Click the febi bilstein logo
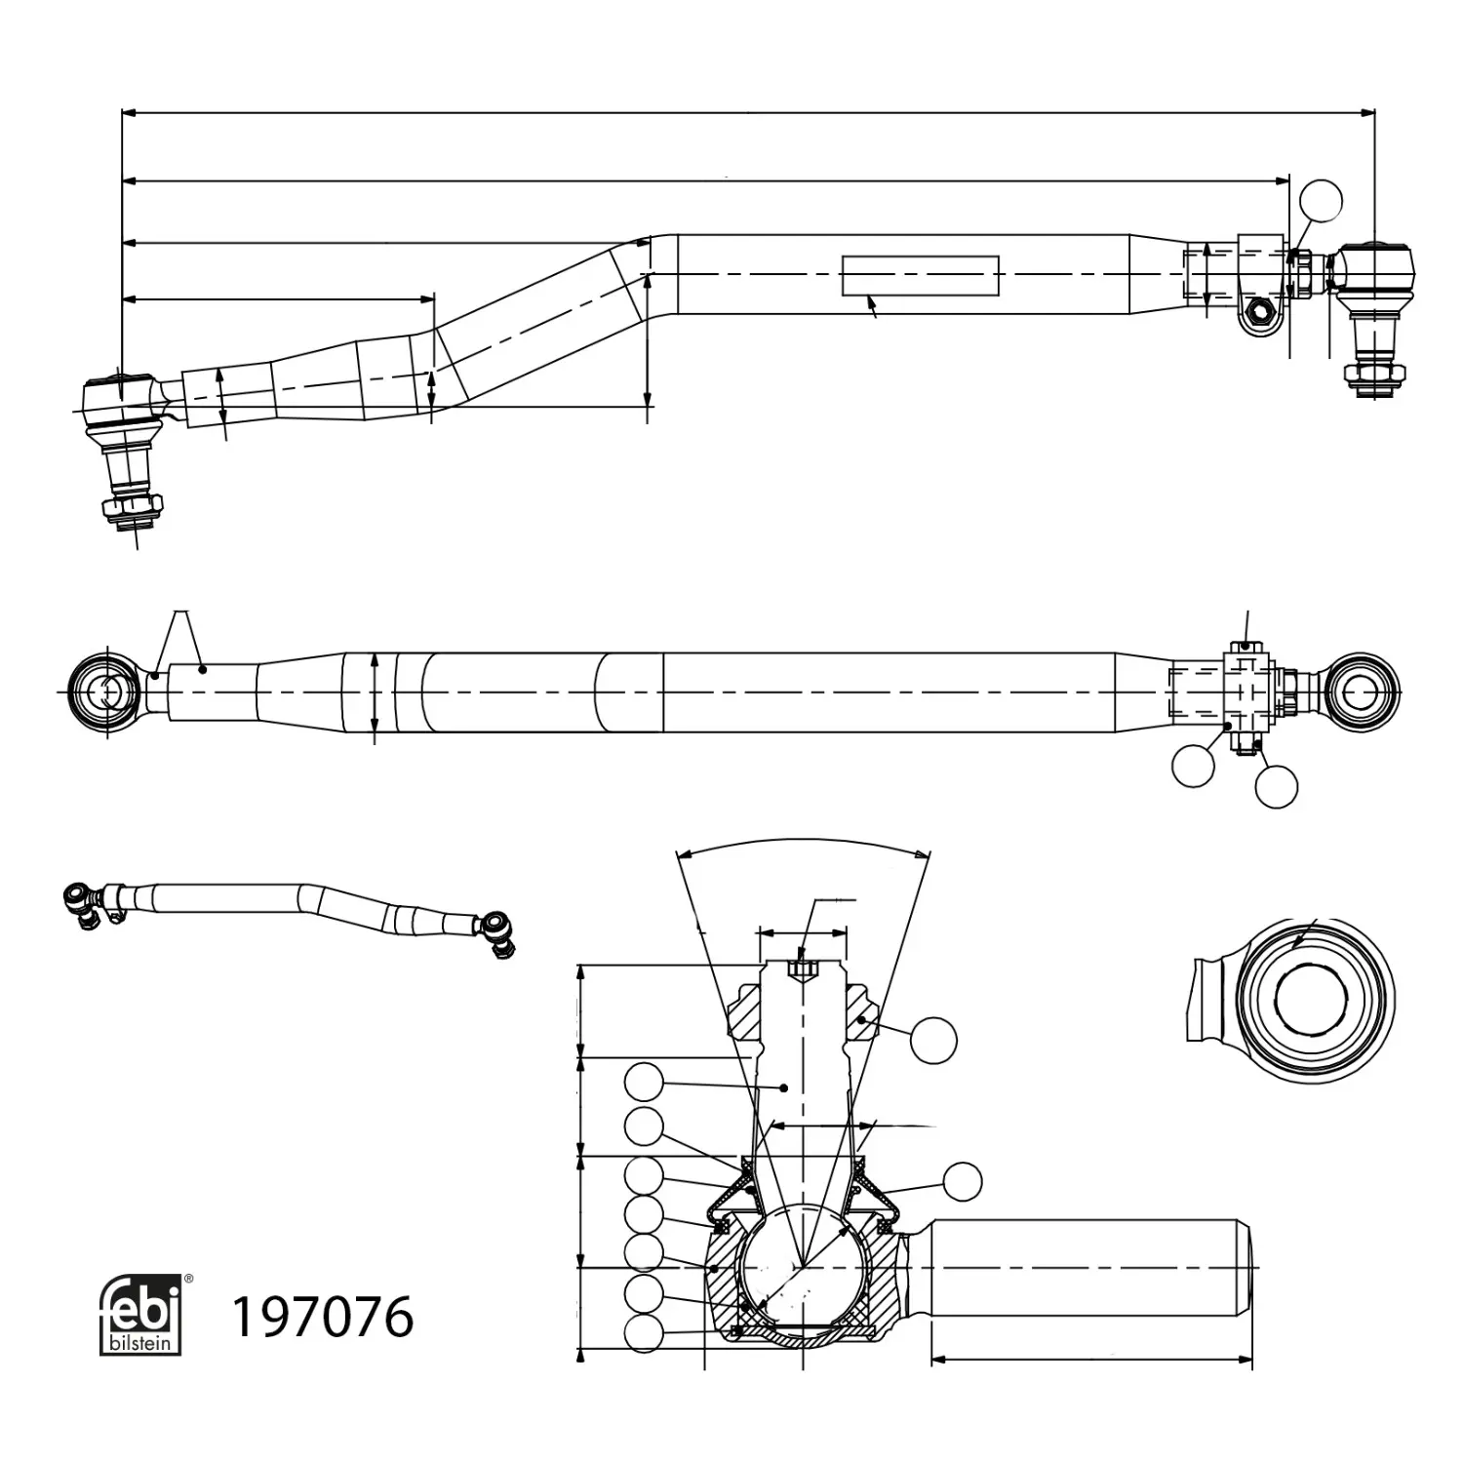point(140,1314)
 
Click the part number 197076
point(321,1318)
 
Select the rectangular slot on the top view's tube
point(921,275)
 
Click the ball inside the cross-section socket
point(802,1265)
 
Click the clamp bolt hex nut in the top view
point(1257,313)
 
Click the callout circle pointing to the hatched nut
point(933,1041)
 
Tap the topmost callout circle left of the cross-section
point(644,1083)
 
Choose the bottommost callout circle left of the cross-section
point(644,1333)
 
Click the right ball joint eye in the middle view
point(1362,691)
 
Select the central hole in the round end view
point(1310,998)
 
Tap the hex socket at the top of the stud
point(802,969)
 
